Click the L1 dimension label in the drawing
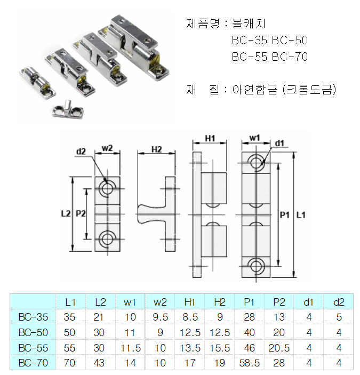tap(300, 214)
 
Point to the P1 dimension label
tap(284, 214)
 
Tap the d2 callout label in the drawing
tap(81, 151)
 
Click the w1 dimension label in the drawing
tap(254, 139)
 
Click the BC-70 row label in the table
tap(33, 363)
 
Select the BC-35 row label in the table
tap(33, 317)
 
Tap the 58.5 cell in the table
tap(249, 363)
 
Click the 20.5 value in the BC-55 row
tap(279, 348)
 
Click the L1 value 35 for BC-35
tap(70, 317)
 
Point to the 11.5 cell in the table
tap(130, 348)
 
